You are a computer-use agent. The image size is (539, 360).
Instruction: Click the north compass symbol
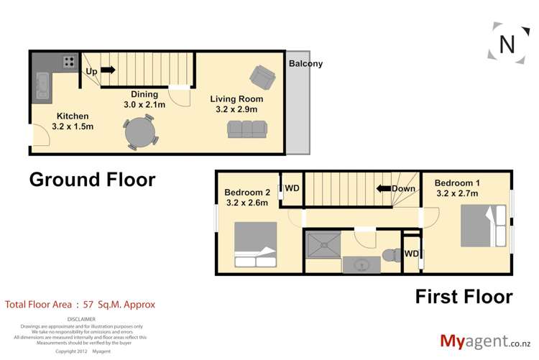[x=507, y=44]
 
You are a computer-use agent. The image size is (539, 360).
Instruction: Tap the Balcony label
[x=305, y=63]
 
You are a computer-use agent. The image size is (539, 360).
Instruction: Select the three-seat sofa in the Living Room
[x=246, y=129]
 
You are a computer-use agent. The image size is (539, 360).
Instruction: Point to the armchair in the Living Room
[x=260, y=75]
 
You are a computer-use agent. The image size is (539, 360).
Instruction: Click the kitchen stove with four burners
[x=69, y=62]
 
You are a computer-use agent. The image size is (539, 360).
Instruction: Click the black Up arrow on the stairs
[x=107, y=70]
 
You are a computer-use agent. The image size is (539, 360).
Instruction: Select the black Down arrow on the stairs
[x=382, y=189]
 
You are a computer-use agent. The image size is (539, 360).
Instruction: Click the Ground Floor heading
[x=92, y=180]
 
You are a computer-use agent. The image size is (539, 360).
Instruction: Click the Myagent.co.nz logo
[x=485, y=341]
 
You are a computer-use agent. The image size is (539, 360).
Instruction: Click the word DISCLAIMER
[x=80, y=319]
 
